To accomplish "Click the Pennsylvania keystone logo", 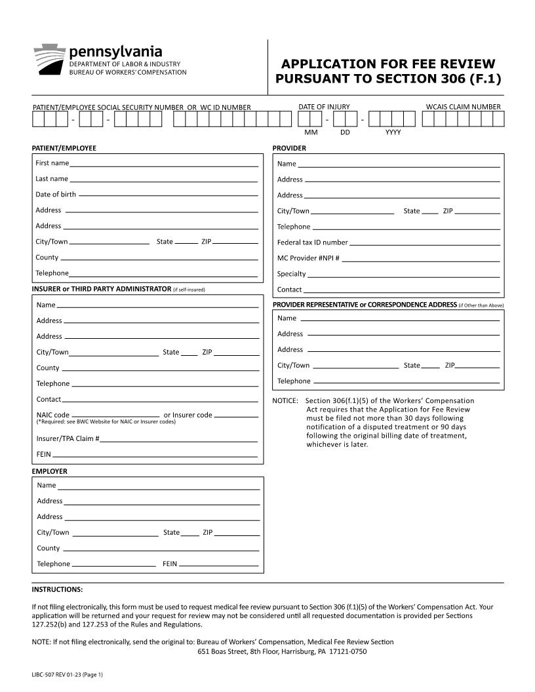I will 49,60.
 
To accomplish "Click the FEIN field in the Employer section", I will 218,565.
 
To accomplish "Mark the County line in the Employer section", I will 161,549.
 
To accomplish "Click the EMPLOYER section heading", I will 50,471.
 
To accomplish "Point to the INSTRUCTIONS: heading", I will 57,589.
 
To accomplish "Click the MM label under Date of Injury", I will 311,132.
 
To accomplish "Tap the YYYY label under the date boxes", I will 393,132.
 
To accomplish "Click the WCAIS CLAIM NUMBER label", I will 463,107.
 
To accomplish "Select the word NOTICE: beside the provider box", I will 285,401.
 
